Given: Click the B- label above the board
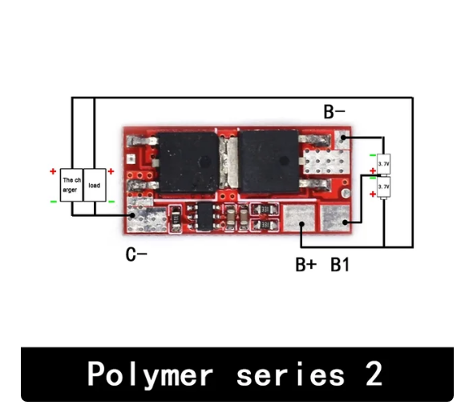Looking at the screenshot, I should pyautogui.click(x=334, y=112).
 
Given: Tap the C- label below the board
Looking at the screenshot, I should pyautogui.click(x=135, y=255).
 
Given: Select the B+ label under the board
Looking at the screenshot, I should pyautogui.click(x=305, y=265).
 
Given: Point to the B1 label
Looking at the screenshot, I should pyautogui.click(x=340, y=265).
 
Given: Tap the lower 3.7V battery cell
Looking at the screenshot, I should pyautogui.click(x=383, y=186).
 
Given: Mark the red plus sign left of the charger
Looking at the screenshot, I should pyautogui.click(x=53, y=171).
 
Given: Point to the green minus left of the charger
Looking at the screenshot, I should pyautogui.click(x=53, y=201).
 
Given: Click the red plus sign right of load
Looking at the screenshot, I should pyautogui.click(x=111, y=171).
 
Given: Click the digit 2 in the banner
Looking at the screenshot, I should pyautogui.click(x=370, y=375).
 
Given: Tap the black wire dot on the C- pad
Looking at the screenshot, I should pyautogui.click(x=132, y=215).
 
